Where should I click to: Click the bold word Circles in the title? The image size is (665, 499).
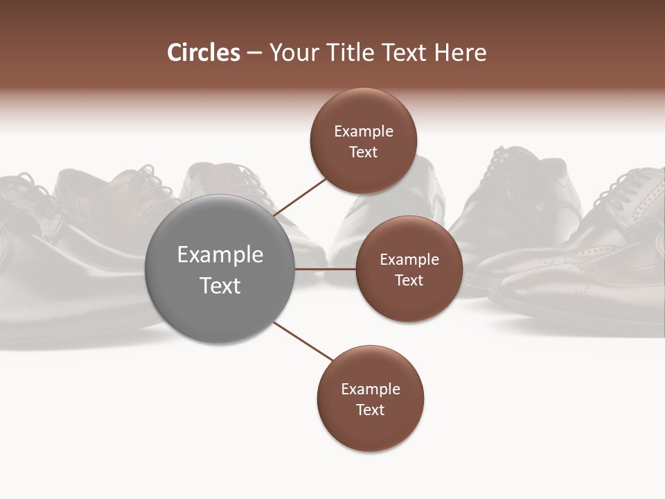(x=203, y=53)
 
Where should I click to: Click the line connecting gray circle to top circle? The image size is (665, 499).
(x=301, y=197)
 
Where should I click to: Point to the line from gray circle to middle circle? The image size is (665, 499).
(x=326, y=269)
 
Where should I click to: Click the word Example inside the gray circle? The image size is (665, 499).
(x=220, y=255)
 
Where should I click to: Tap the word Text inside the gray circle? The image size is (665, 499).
(x=220, y=286)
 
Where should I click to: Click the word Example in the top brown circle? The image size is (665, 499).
(x=363, y=132)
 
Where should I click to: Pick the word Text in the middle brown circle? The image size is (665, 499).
(x=409, y=280)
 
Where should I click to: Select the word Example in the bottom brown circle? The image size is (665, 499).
(x=370, y=389)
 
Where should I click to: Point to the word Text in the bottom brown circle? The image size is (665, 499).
(x=370, y=410)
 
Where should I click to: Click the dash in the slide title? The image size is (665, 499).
(x=254, y=53)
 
